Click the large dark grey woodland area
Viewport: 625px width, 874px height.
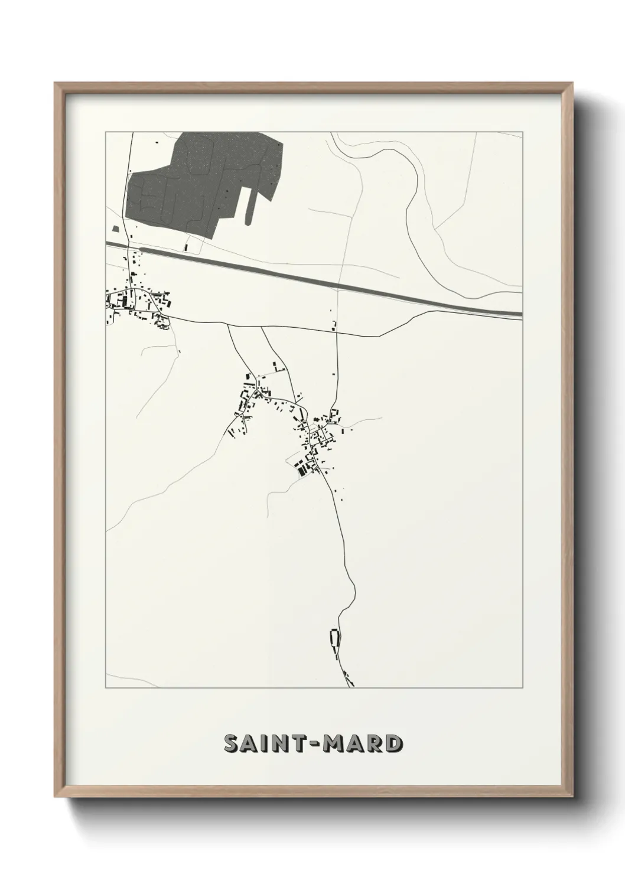coord(201,177)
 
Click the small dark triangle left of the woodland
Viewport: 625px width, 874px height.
coord(116,227)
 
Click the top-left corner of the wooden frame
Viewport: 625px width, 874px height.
coord(56,84)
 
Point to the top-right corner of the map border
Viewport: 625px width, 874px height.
coord(522,132)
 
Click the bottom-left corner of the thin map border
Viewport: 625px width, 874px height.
coord(106,687)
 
